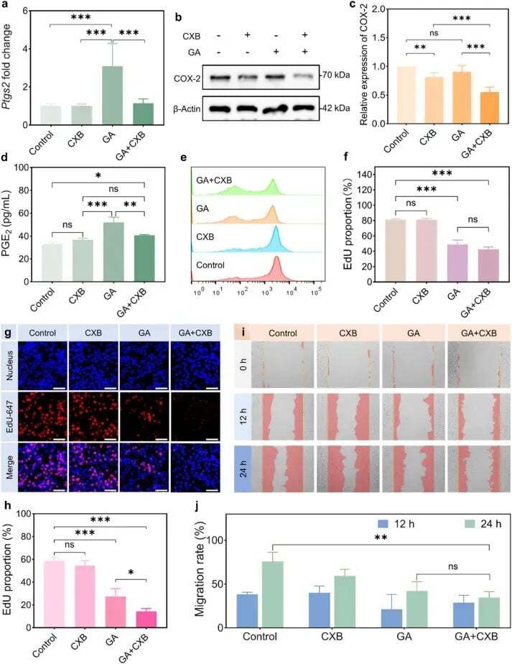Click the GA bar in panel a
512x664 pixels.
[112, 96]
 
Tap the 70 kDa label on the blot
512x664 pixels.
[336, 75]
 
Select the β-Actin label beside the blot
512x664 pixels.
[187, 109]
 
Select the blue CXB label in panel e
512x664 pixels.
[205, 236]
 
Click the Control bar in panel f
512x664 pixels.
[395, 251]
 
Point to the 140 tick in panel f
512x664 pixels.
[366, 175]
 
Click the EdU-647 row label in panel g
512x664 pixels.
[9, 416]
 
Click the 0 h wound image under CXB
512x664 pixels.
[348, 364]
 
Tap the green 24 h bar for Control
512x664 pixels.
[273, 594]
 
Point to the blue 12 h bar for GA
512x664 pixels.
[392, 618]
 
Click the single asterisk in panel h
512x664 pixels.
[131, 573]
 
